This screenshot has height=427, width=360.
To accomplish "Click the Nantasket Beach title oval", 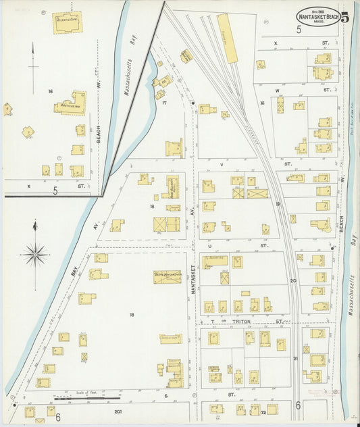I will [x=317, y=17].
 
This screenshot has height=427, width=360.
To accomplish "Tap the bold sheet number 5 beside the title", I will [x=345, y=18].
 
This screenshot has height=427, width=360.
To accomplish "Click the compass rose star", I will [x=34, y=255].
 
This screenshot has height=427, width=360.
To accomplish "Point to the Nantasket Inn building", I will [x=70, y=103].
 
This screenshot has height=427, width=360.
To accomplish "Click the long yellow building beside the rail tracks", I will [x=228, y=39].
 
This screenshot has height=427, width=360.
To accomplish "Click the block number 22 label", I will [x=263, y=411].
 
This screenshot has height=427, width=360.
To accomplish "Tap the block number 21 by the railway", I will [x=295, y=358].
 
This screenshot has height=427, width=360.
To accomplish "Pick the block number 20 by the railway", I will [x=293, y=280].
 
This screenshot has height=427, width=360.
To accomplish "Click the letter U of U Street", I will [x=211, y=246].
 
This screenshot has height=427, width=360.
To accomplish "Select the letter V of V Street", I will [x=221, y=164].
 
